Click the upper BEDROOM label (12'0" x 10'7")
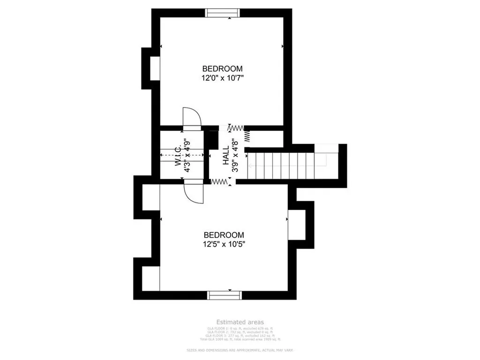click(222, 69)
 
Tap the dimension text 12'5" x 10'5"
click(224, 244)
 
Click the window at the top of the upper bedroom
click(224, 13)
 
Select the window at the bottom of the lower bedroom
click(224, 295)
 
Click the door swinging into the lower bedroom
click(194, 192)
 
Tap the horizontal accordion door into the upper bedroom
click(237, 127)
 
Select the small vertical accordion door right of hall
click(247, 136)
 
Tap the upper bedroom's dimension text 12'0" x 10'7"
click(222, 78)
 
